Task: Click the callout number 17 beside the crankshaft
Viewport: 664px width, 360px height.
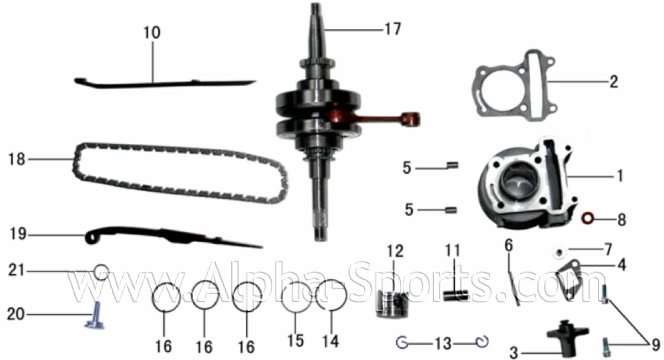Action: pos(393,29)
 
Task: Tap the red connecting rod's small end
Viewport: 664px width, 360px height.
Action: pos(411,119)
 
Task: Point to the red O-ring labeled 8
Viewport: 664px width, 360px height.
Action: pos(588,218)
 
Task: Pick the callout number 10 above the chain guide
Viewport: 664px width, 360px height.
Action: pos(152,32)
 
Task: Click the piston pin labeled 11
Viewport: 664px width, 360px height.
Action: pos(456,295)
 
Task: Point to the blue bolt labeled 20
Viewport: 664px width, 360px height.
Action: pos(95,316)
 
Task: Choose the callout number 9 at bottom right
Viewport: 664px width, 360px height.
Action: pos(656,345)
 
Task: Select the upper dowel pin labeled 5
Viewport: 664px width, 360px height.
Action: pos(453,165)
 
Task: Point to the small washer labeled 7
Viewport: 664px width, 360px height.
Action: pos(559,253)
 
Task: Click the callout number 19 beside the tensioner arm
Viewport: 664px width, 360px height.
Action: pos(18,234)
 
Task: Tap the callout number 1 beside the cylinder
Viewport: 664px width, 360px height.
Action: pos(620,176)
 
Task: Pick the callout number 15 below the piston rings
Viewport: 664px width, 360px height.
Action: pos(295,341)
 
